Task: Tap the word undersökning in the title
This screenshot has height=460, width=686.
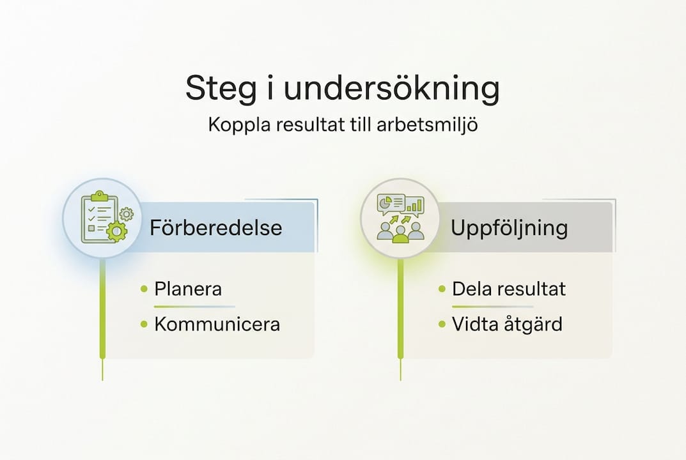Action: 392,89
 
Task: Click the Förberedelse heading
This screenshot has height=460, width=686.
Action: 215,228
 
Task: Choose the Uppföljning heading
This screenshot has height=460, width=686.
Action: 509,228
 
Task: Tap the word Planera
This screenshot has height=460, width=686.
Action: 188,289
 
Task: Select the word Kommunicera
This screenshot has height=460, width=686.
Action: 217,324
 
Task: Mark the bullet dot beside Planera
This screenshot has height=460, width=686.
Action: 144,289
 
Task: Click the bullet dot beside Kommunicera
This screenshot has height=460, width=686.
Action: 144,325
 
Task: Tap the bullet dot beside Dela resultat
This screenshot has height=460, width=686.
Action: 442,289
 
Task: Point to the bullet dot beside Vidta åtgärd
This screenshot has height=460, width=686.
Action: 442,325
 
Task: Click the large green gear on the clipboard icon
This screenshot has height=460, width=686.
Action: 117,231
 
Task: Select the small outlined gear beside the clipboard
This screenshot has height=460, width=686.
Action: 127,213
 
